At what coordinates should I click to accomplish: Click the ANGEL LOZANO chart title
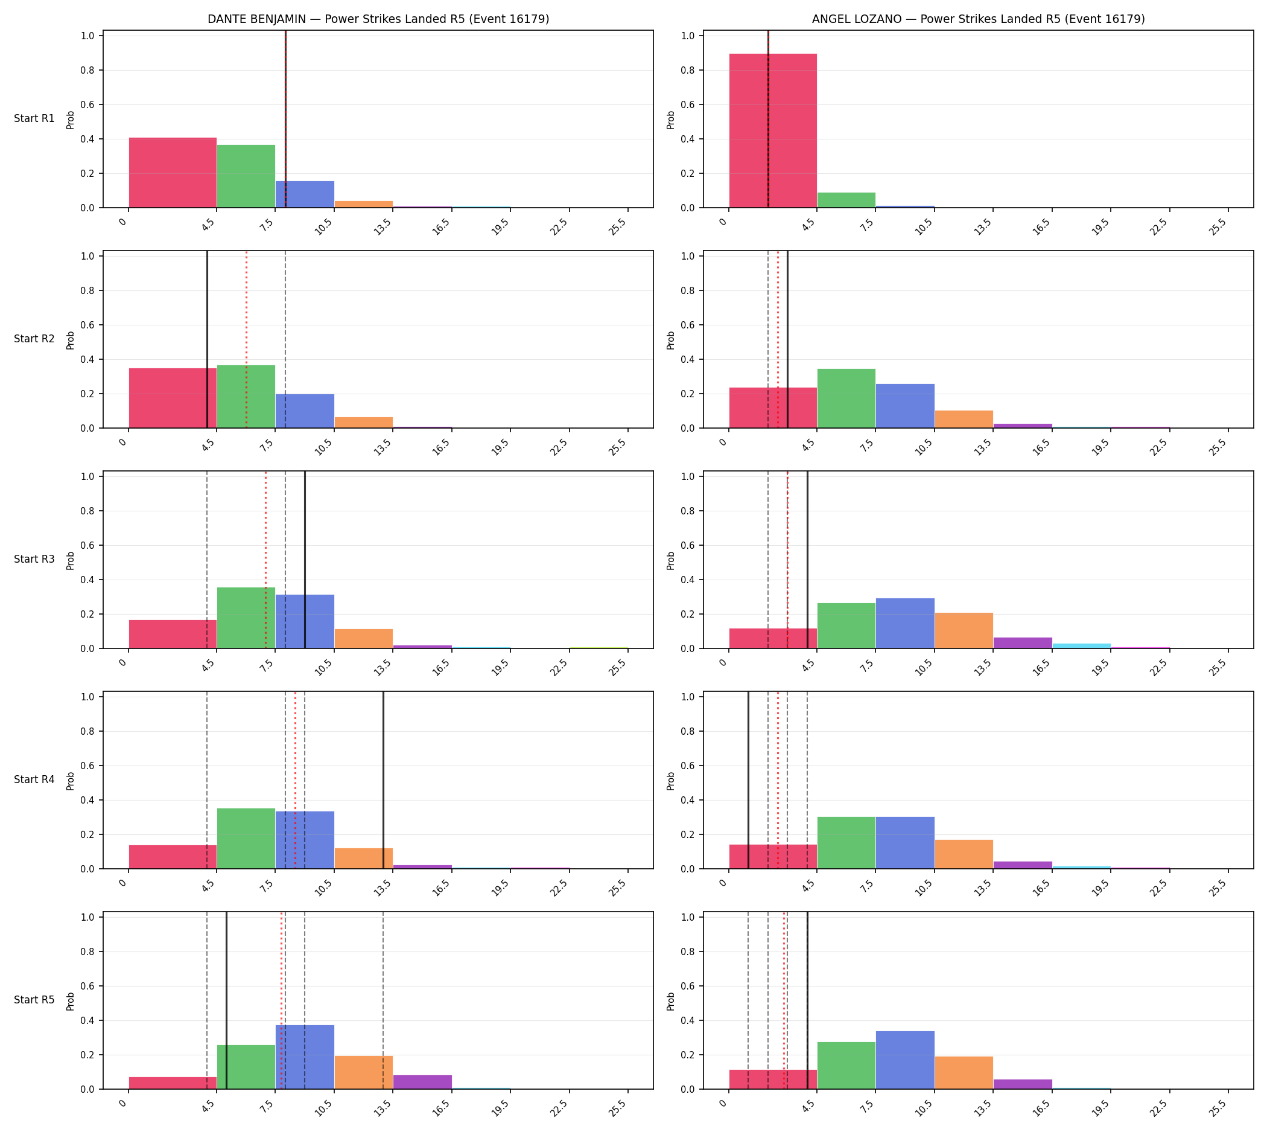[x=978, y=19]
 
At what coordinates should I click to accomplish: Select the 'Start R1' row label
[x=34, y=118]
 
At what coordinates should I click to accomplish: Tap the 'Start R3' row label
[x=34, y=559]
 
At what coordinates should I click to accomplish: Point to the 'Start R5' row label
[x=34, y=1000]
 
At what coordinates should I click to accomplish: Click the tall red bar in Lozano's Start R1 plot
[x=773, y=130]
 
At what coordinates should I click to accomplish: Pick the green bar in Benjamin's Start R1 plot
[x=246, y=176]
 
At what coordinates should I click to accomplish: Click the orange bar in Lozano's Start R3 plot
[x=964, y=631]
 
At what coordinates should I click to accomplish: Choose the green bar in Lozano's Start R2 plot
[x=846, y=398]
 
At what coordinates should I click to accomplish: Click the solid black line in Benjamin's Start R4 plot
[x=383, y=780]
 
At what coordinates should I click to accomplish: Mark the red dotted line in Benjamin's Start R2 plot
[x=246, y=339]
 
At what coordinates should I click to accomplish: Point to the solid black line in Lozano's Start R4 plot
[x=748, y=780]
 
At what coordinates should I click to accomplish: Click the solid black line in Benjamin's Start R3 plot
[x=305, y=560]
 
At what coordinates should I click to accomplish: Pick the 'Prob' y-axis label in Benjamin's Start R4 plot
[x=70, y=781]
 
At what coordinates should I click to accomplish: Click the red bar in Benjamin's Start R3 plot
[x=173, y=635]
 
